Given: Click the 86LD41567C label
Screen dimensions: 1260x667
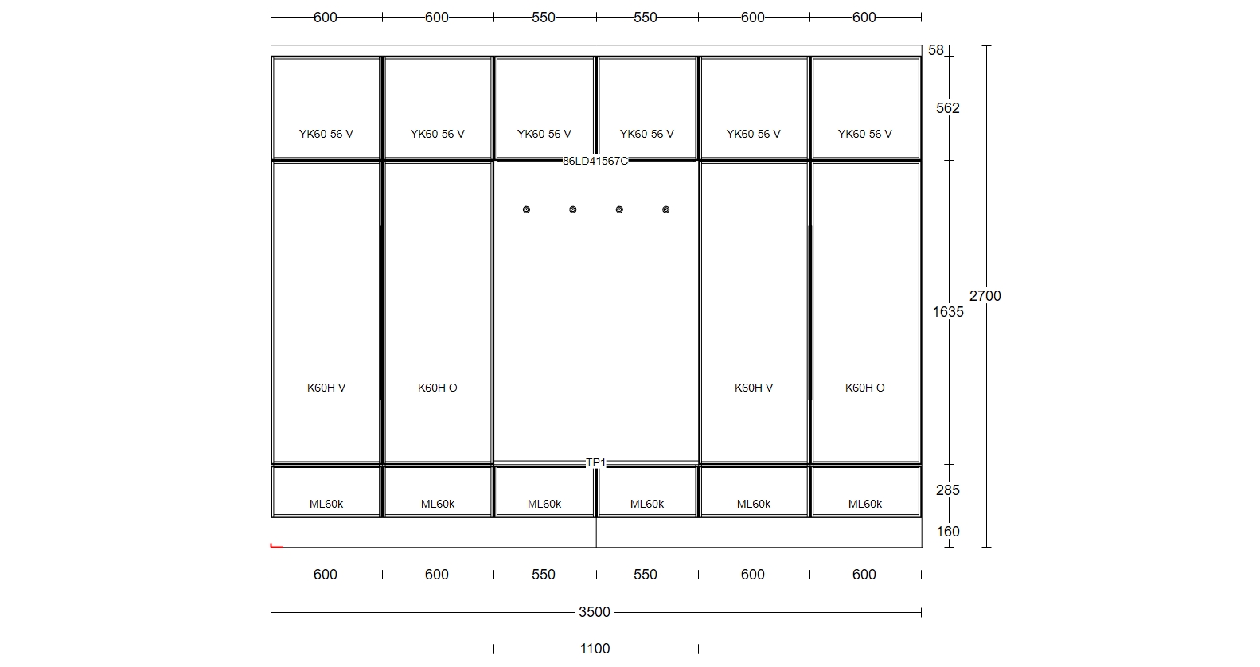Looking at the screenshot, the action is coord(595,162).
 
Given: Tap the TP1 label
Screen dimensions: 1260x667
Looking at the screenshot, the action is coord(595,463).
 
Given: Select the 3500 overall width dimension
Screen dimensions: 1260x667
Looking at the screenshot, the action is coord(595,612).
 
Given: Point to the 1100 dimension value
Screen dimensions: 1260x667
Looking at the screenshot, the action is coord(595,649).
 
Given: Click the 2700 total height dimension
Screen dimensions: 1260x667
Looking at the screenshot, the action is coord(985,296).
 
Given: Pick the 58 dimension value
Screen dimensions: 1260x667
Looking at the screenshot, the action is coord(936,51).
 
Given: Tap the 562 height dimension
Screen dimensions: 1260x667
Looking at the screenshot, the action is coord(948,108).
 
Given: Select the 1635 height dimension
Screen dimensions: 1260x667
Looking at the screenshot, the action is coord(948,311).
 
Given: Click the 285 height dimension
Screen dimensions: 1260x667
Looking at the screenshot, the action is coord(948,490).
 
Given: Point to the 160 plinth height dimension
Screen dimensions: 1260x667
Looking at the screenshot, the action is coord(948,532).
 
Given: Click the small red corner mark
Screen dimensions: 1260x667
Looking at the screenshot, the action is coord(276,545).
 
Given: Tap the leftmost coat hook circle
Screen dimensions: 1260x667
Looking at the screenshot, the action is coord(526,210).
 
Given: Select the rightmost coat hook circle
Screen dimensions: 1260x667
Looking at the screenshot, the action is coord(666,210).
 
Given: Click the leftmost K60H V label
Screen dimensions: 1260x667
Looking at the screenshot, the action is coord(326,388).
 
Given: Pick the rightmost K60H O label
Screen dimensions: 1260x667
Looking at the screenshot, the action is coord(865,388).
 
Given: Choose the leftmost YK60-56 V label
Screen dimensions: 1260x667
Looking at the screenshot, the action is coord(326,134).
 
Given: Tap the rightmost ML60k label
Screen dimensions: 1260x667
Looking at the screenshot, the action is coord(865,504).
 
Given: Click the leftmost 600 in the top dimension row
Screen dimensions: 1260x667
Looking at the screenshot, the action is coord(325,18).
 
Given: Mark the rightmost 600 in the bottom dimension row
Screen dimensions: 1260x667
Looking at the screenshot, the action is coord(864,575).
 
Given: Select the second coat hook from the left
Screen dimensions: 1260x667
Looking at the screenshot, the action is coord(572,210).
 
